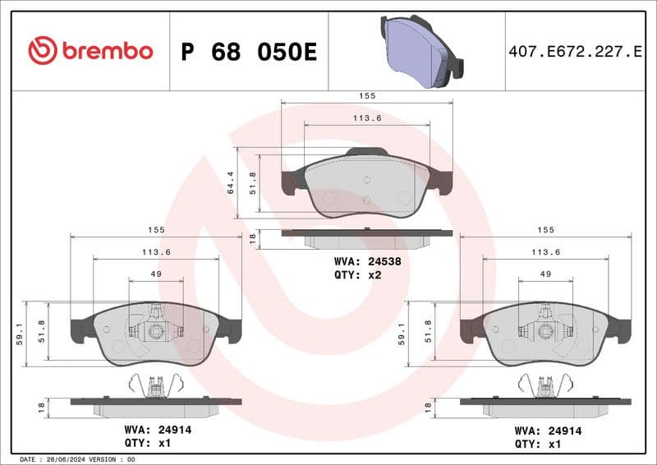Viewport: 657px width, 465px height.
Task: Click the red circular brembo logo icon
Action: click(x=42, y=51)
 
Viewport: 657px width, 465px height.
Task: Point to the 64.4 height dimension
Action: click(x=231, y=183)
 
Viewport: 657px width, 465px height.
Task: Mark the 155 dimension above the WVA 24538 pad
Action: click(x=367, y=96)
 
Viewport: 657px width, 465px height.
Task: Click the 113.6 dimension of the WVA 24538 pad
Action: click(x=367, y=117)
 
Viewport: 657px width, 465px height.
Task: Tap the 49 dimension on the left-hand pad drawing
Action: click(x=156, y=274)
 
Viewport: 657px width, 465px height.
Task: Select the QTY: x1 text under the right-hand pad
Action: click(x=538, y=443)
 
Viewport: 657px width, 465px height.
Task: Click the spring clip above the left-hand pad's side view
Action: click(x=155, y=384)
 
